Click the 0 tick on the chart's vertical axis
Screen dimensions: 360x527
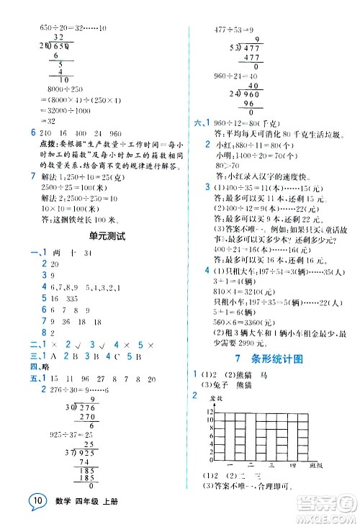(210, 460)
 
